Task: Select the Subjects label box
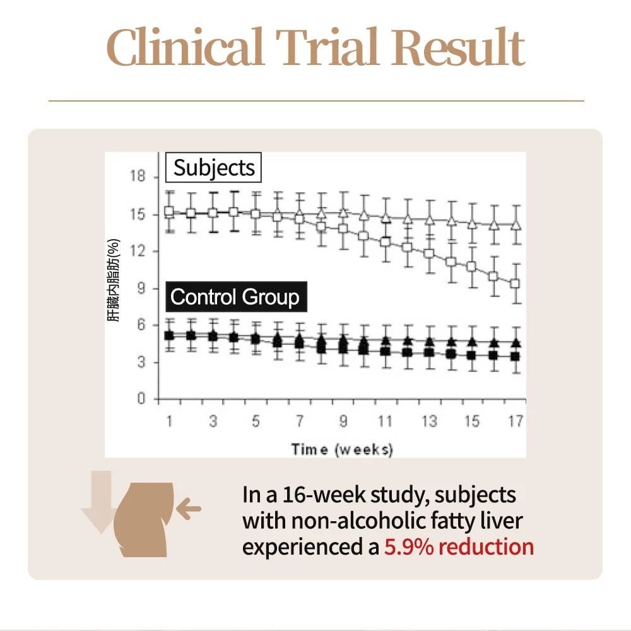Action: click(x=214, y=168)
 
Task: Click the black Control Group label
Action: click(x=235, y=297)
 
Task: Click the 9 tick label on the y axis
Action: click(x=141, y=288)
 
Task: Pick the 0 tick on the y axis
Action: click(x=142, y=399)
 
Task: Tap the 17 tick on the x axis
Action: click(x=516, y=421)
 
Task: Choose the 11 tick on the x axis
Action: click(x=386, y=421)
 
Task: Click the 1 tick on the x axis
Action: click(x=169, y=421)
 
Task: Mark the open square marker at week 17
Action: click(x=515, y=284)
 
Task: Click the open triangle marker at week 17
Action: click(x=515, y=225)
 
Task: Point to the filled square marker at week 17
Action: click(x=515, y=357)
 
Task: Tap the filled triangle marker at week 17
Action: click(x=515, y=343)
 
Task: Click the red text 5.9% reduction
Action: click(x=459, y=546)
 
